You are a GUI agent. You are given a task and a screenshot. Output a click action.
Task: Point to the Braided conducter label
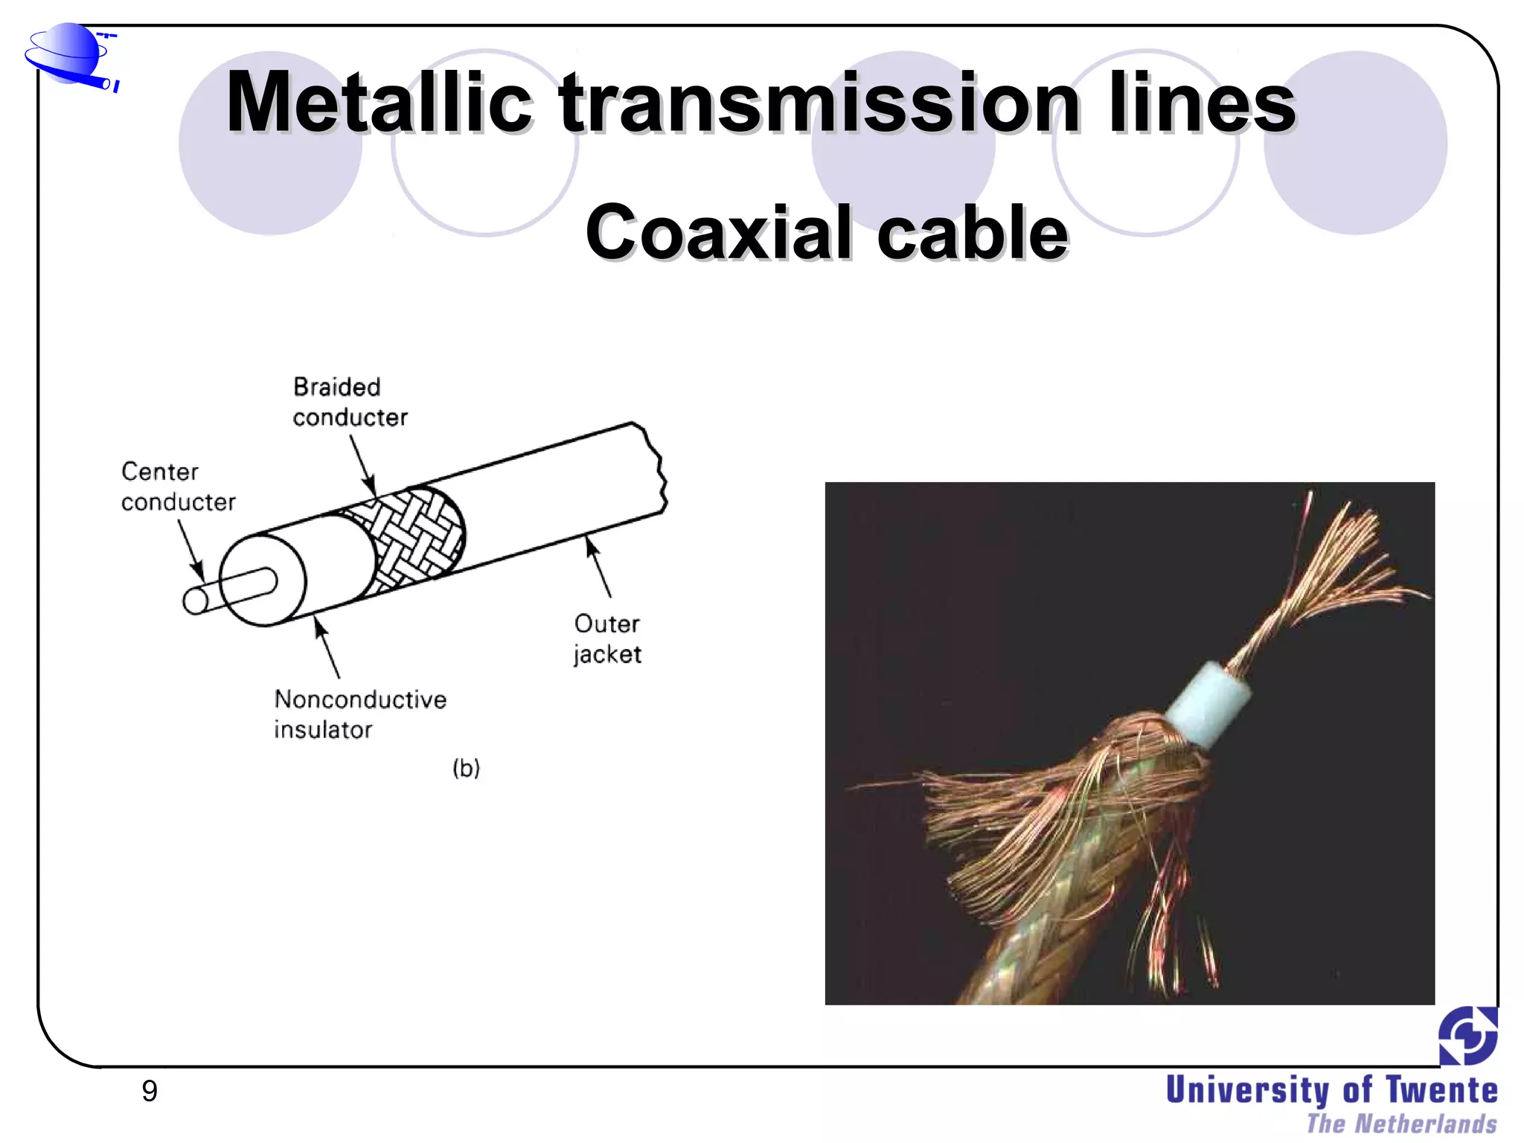click(349, 402)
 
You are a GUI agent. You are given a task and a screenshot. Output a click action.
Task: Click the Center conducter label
click(178, 487)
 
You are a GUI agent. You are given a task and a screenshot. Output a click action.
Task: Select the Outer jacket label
click(606, 638)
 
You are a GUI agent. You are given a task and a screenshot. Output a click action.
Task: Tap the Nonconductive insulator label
click(359, 714)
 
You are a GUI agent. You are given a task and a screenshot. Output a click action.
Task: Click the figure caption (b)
click(467, 767)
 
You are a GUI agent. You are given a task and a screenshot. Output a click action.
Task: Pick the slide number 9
click(150, 1091)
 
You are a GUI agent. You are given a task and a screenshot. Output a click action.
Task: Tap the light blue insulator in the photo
click(1208, 703)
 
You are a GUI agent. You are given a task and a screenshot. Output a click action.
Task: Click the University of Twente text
click(1331, 1090)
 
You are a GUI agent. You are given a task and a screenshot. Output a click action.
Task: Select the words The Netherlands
click(1401, 1124)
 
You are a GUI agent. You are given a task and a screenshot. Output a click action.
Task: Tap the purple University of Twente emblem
click(1467, 1035)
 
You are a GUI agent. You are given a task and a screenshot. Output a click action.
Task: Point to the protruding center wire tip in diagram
click(196, 601)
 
